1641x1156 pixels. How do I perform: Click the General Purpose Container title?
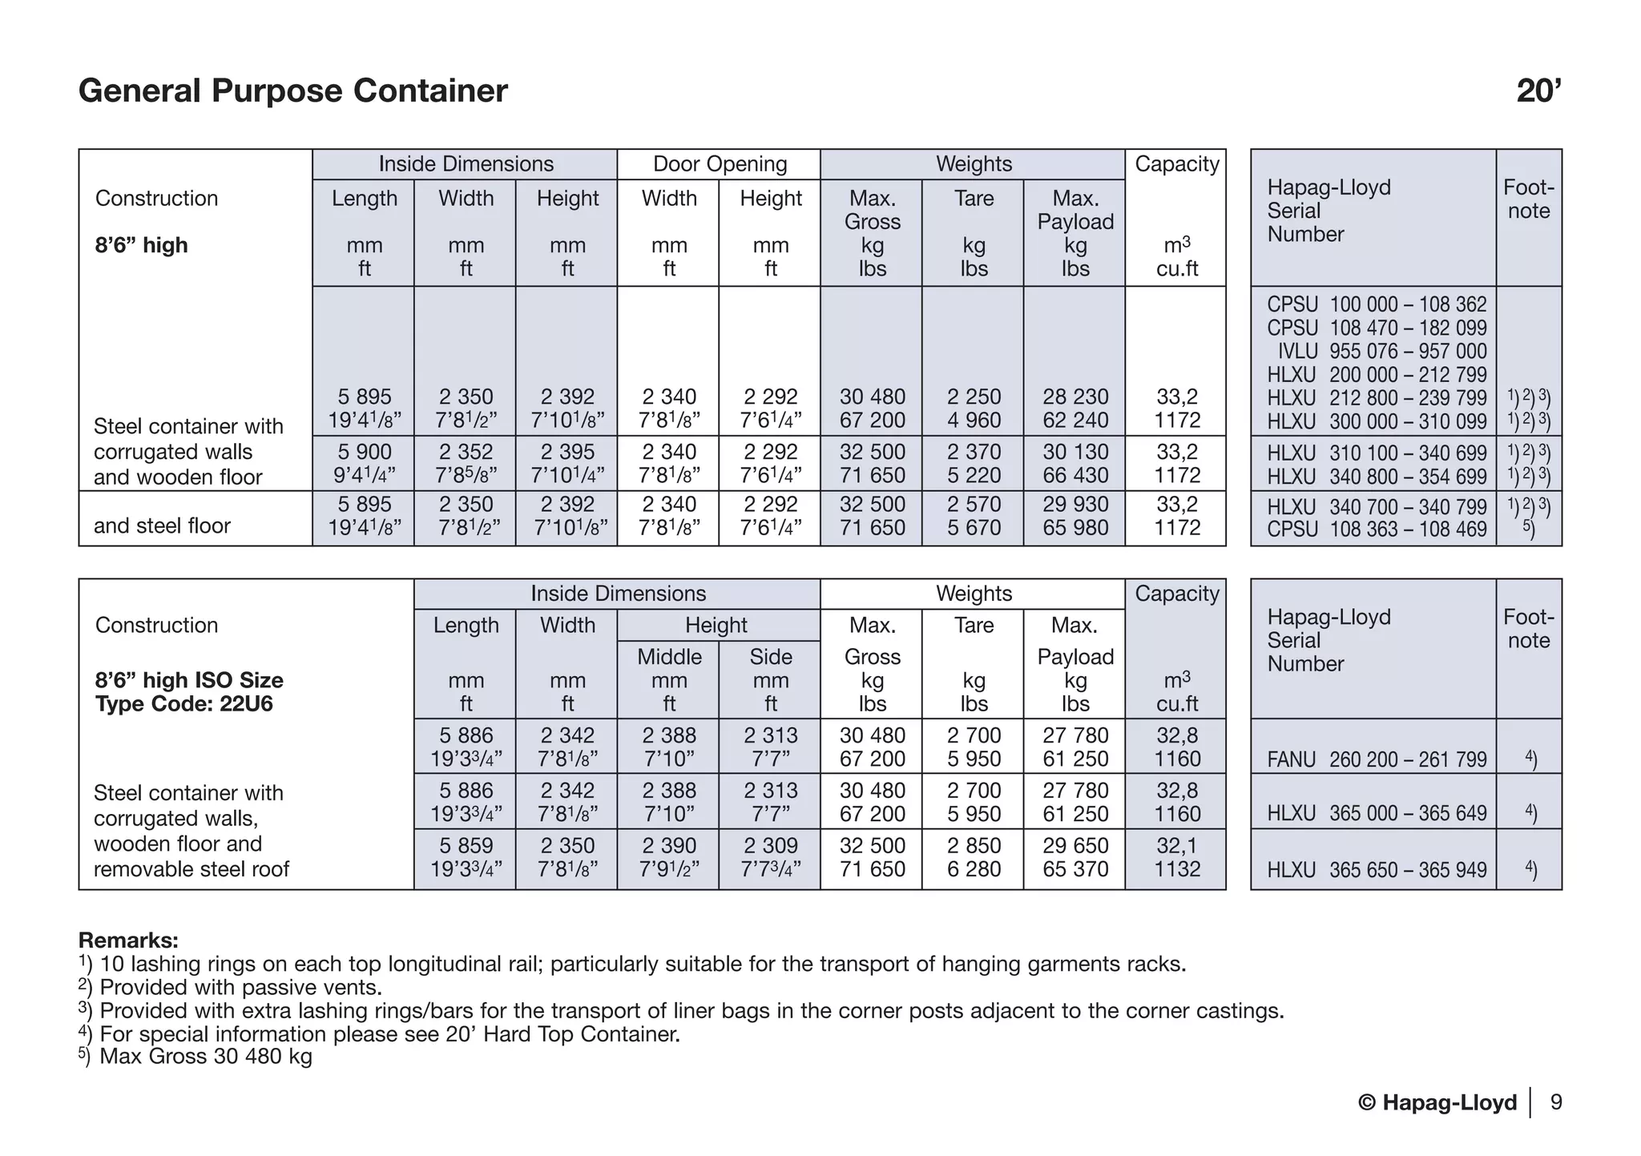pyautogui.click(x=292, y=91)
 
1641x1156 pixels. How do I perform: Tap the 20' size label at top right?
pyautogui.click(x=1538, y=91)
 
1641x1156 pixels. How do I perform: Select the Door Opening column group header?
pyautogui.click(x=719, y=164)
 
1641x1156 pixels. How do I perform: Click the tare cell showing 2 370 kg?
pyautogui.click(x=973, y=452)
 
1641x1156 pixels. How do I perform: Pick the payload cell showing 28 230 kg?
pyautogui.click(x=1075, y=397)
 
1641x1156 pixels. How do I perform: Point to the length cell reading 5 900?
pyautogui.click(x=364, y=452)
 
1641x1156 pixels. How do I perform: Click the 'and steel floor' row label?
pyautogui.click(x=162, y=526)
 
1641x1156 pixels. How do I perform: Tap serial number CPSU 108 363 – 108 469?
pyautogui.click(x=1376, y=530)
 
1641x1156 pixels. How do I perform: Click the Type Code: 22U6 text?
pyautogui.click(x=183, y=704)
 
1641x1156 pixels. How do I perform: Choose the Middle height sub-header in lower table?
pyautogui.click(x=668, y=657)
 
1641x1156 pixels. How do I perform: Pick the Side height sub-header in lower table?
pyautogui.click(x=770, y=657)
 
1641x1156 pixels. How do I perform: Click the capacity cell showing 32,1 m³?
pyautogui.click(x=1176, y=846)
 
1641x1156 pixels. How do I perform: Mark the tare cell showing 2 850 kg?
pyautogui.click(x=973, y=846)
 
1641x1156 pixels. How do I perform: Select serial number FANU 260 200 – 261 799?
pyautogui.click(x=1376, y=759)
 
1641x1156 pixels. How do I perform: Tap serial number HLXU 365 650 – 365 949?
pyautogui.click(x=1376, y=870)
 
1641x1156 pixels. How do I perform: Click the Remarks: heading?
pyautogui.click(x=128, y=940)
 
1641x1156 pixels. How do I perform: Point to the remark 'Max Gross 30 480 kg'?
pyautogui.click(x=204, y=1057)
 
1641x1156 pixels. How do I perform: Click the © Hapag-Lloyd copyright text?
pyautogui.click(x=1437, y=1103)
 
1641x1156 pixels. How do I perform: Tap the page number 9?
pyautogui.click(x=1555, y=1103)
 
